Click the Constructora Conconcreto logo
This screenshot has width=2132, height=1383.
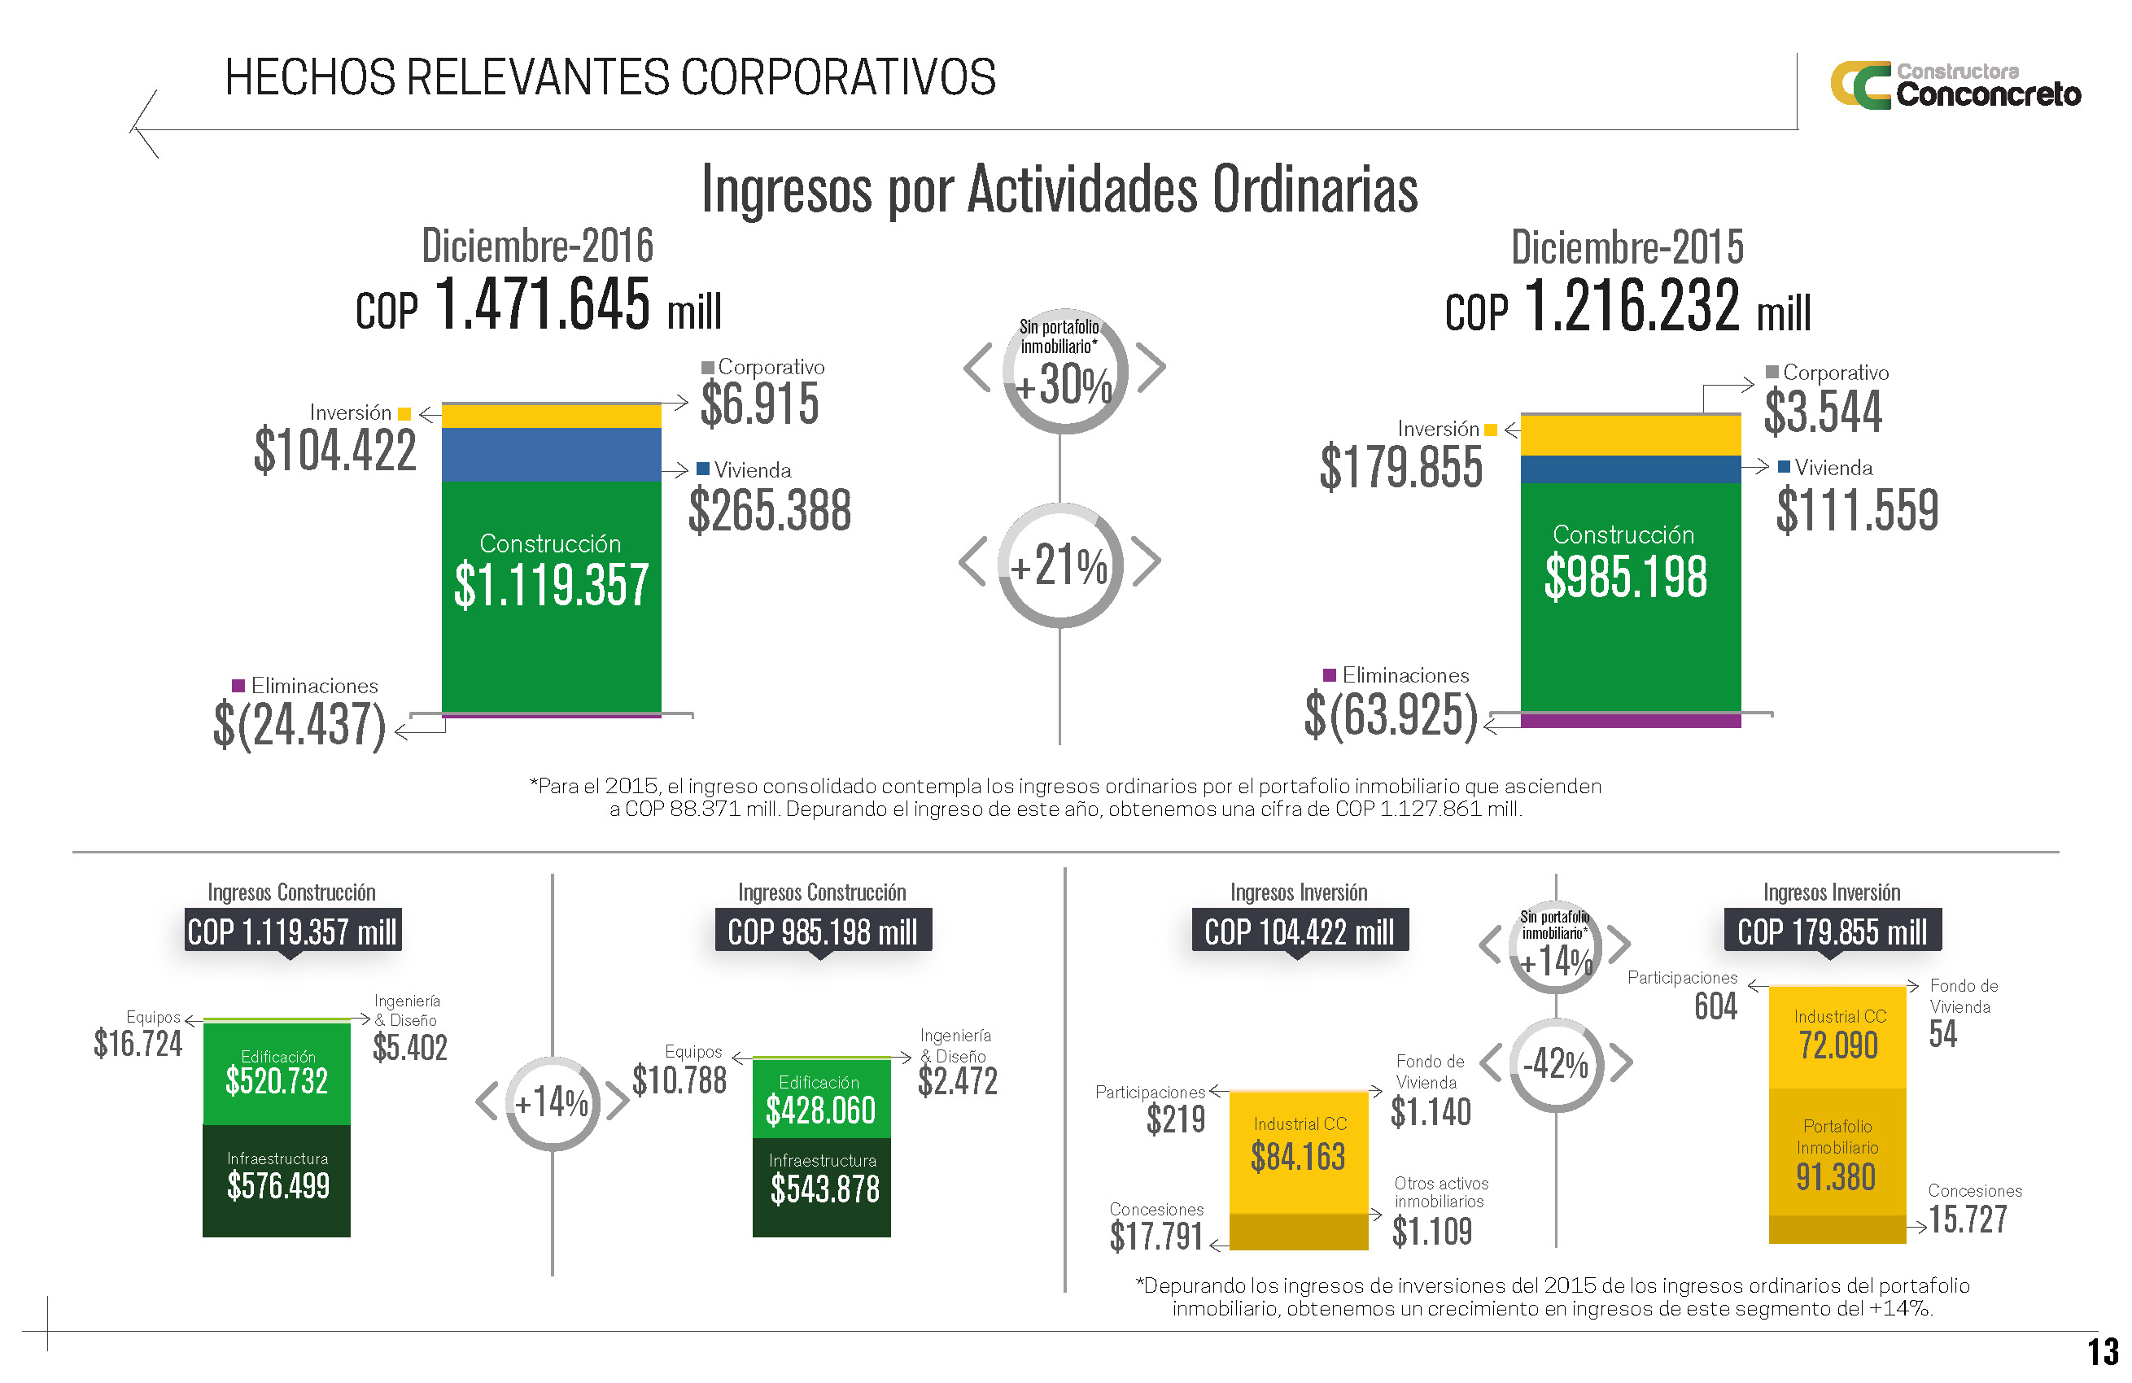tap(1955, 85)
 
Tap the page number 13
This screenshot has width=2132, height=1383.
tap(2103, 1351)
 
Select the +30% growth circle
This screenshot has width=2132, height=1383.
tap(1064, 372)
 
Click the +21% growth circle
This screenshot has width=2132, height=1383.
tap(1059, 565)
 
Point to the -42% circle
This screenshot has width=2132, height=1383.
tap(1556, 1064)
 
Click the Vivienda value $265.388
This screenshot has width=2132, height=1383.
tap(770, 511)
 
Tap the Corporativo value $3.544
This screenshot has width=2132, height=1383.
tap(1823, 412)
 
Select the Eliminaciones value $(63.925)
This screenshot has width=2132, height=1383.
tap(1391, 716)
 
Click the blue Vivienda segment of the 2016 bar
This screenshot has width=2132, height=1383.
tap(551, 454)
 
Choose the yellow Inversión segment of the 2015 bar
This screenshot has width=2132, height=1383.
tap(1631, 435)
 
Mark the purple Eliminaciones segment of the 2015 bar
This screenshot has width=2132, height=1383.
tap(1631, 720)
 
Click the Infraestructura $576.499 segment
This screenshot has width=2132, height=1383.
tap(277, 1180)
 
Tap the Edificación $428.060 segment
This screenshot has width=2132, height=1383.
tap(821, 1099)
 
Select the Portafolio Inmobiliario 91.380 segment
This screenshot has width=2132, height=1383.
tap(1837, 1152)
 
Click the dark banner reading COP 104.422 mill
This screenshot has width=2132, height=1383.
tap(1299, 931)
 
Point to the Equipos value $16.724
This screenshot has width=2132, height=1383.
tap(138, 1045)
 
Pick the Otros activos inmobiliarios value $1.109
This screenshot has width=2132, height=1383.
tap(1431, 1232)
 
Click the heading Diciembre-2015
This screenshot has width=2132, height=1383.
tap(1627, 247)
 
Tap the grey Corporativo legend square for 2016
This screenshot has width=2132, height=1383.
tap(708, 367)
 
